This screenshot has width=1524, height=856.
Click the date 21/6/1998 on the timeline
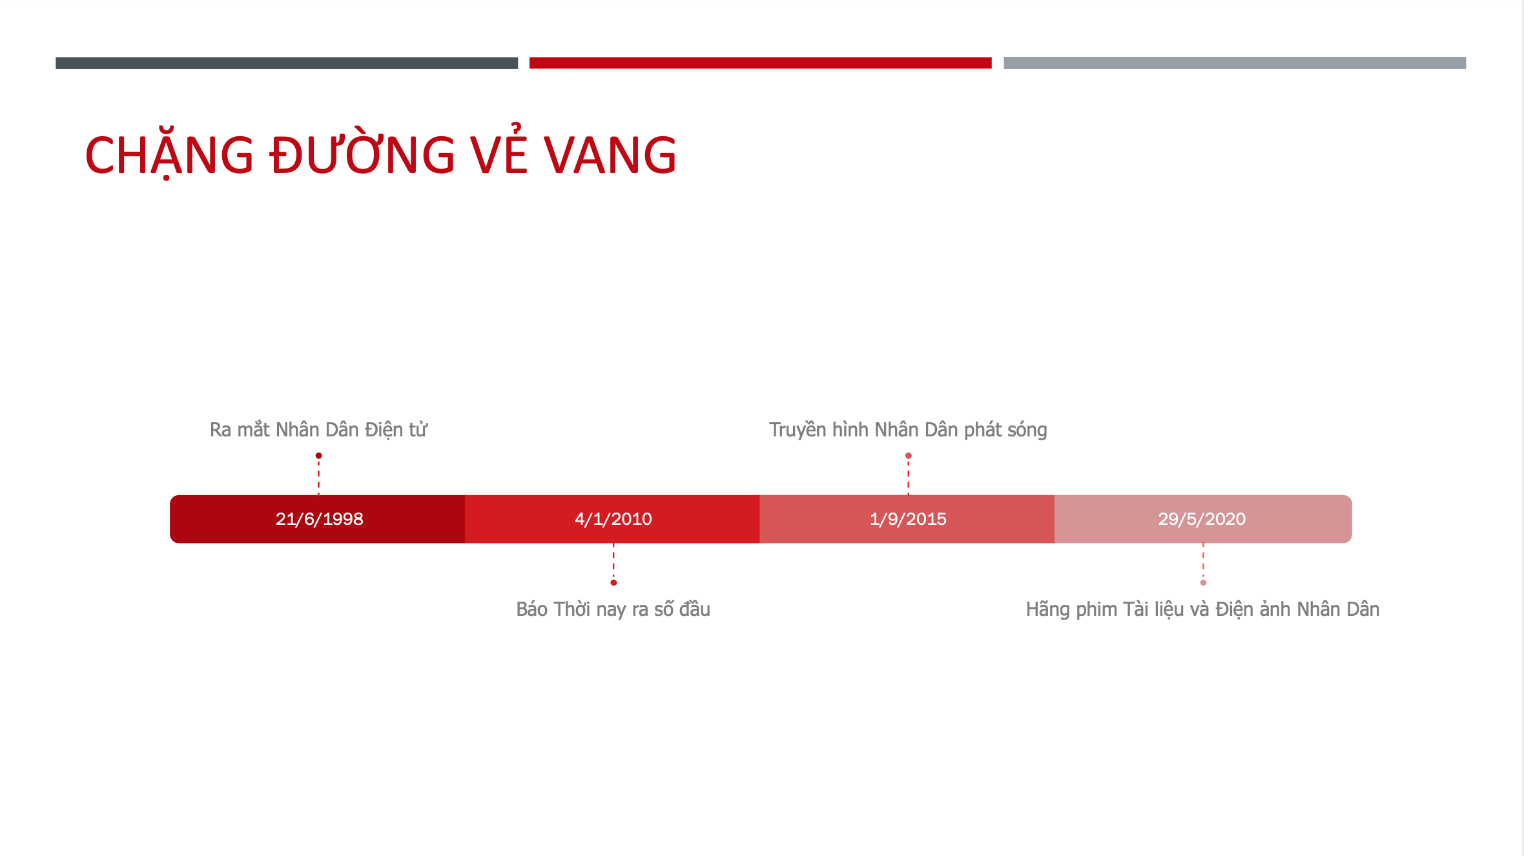click(319, 519)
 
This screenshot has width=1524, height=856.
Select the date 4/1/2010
click(613, 519)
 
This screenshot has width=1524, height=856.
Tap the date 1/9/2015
click(908, 519)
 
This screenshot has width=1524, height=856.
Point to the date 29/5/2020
click(1202, 519)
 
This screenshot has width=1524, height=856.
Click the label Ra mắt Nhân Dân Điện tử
click(318, 429)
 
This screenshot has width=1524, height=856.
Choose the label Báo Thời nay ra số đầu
click(613, 609)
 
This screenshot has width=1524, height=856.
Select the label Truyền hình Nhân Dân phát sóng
click(908, 430)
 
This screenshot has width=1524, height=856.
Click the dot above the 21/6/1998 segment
click(318, 456)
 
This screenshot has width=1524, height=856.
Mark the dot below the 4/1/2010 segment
click(613, 583)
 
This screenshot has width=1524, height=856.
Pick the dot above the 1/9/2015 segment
click(909, 456)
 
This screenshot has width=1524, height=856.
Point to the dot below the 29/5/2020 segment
click(1203, 583)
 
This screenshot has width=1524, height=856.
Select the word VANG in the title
click(610, 156)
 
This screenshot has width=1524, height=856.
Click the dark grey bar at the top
click(287, 63)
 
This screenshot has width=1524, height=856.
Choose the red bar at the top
click(761, 63)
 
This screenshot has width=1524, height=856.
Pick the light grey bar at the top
click(1235, 63)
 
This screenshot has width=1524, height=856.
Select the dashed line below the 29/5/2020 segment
click(1203, 561)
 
